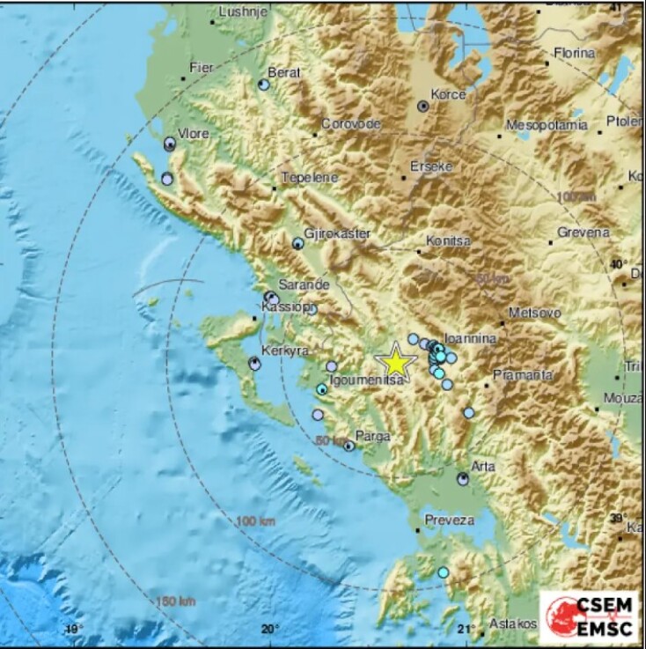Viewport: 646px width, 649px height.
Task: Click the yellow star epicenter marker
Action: [396, 361]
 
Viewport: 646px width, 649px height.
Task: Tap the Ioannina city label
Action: [470, 338]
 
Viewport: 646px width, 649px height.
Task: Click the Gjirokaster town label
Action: [337, 233]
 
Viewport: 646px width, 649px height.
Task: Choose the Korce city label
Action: [447, 93]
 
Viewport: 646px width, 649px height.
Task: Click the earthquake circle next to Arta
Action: [463, 479]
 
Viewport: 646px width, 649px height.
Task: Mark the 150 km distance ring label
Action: [176, 601]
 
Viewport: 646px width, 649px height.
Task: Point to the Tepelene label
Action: [309, 178]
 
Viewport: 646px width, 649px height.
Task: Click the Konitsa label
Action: [448, 240]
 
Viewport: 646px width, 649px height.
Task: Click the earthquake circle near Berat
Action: [263, 85]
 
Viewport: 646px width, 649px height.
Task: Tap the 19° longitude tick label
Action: [72, 629]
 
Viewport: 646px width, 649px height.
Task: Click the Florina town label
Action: [576, 53]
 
